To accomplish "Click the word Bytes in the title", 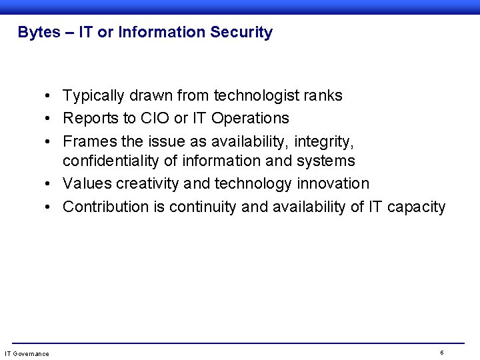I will coord(39,33).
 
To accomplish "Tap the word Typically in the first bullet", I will coord(93,96).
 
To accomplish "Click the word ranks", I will coord(323,96).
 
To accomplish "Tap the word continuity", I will coord(203,207).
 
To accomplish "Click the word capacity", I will coord(416,207).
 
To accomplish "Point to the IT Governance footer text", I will coord(27,353).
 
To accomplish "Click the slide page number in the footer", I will coord(442,352).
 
